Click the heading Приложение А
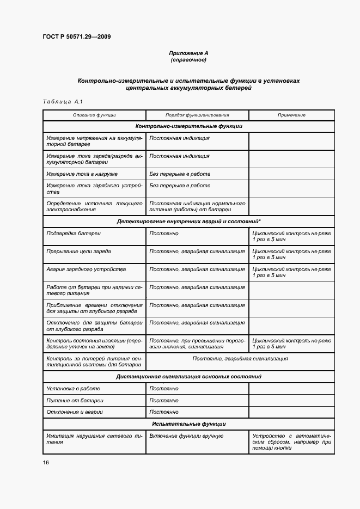click(x=188, y=53)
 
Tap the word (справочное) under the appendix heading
click(x=188, y=59)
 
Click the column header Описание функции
click(x=94, y=115)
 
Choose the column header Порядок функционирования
click(x=197, y=115)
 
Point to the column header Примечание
click(x=291, y=115)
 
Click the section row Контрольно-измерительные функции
click(x=188, y=126)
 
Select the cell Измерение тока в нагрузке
click(x=82, y=174)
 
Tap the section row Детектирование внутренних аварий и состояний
click(x=188, y=222)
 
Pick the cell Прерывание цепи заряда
click(x=79, y=252)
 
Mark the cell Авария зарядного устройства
click(x=87, y=269)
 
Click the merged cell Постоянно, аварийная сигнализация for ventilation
click(x=240, y=359)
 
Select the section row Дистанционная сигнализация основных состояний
click(x=188, y=377)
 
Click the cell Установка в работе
click(x=74, y=389)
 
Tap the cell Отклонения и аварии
click(x=75, y=412)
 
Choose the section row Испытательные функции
click(x=188, y=424)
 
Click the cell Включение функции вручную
click(x=186, y=436)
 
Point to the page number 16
click(x=46, y=462)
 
